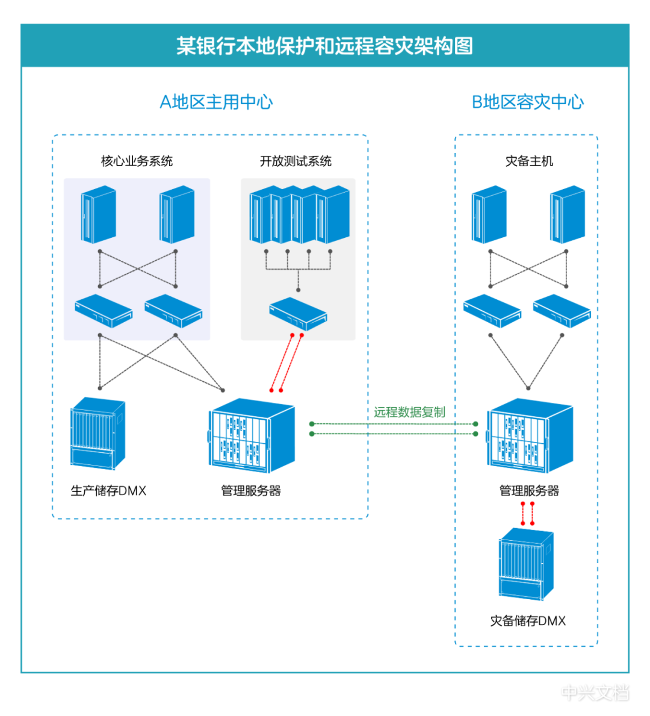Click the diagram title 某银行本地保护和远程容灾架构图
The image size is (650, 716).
[324, 46]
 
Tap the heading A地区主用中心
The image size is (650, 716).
[216, 102]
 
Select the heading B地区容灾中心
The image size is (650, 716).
[527, 102]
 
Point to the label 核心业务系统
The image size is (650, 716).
[137, 161]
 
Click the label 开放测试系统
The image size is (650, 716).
[296, 161]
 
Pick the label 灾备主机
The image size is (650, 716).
[529, 161]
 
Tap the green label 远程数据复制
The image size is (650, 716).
[409, 412]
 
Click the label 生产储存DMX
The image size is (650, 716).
[108, 491]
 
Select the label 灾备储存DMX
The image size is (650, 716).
[528, 621]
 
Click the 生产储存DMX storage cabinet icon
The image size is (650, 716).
[97, 433]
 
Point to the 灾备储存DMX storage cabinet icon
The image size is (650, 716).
[526, 564]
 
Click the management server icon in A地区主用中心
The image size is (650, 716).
[252, 435]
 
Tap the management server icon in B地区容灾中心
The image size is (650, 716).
[530, 435]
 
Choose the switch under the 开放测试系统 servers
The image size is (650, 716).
[298, 313]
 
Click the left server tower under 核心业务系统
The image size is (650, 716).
[99, 214]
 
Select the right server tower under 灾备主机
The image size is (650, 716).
[567, 214]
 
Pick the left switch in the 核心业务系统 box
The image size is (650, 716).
[104, 311]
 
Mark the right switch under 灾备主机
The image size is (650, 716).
[562, 311]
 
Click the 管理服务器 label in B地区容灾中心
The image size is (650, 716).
[529, 491]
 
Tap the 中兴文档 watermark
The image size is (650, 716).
[595, 693]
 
